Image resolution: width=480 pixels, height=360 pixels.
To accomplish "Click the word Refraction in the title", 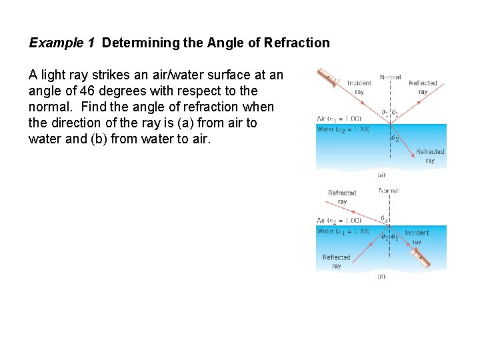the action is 297,43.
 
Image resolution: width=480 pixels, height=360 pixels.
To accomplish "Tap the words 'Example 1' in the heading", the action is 61,43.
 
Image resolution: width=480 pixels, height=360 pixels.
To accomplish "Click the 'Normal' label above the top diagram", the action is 390,77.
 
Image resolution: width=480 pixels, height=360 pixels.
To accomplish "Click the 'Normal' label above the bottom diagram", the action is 389,191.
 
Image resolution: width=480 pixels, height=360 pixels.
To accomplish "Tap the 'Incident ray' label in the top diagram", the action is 359,87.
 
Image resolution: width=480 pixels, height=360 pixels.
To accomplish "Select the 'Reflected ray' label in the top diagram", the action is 423,87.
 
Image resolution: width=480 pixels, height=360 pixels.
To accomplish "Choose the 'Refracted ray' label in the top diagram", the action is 429,156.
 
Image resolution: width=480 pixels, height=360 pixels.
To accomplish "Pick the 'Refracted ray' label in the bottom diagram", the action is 342,197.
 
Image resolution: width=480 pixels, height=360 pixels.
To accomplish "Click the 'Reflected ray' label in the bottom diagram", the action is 336,261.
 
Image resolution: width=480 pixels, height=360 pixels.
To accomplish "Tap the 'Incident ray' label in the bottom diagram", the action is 417,237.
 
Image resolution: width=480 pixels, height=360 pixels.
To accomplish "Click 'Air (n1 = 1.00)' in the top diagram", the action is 339,119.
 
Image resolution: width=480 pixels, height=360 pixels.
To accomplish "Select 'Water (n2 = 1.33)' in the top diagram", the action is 343,129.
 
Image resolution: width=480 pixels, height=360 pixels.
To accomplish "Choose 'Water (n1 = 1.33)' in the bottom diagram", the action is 343,231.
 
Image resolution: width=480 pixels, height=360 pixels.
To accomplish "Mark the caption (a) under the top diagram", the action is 381,175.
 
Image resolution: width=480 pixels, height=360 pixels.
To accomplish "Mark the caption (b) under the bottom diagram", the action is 381,276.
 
